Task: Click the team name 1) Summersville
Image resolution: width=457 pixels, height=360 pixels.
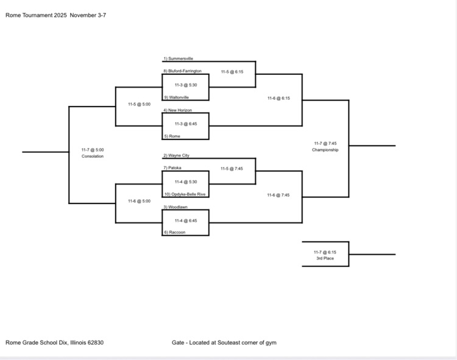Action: [x=178, y=58]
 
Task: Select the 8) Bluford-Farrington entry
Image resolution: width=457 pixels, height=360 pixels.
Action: [x=182, y=71]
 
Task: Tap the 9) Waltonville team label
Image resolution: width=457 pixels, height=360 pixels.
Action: [x=176, y=97]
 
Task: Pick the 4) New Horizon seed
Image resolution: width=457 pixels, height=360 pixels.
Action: [x=178, y=110]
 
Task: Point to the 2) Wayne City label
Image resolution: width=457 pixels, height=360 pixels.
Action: [x=176, y=155]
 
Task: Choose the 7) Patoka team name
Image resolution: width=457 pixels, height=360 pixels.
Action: [x=172, y=168]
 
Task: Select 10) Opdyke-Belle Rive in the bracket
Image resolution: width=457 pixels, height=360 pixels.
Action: [x=184, y=194]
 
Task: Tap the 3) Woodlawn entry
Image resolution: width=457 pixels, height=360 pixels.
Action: [x=175, y=207]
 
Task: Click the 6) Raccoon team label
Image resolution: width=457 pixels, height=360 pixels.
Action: [x=174, y=233]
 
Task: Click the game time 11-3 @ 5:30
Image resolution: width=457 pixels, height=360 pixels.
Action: [x=185, y=85]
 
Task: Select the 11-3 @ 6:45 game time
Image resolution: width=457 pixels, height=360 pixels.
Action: [x=185, y=124]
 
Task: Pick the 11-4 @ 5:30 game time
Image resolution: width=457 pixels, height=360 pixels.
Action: [x=185, y=182]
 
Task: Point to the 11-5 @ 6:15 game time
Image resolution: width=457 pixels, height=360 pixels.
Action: [x=232, y=71]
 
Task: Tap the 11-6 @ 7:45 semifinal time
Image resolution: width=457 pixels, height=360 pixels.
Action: [x=278, y=195]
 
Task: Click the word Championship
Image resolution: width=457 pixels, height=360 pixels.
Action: [x=325, y=150]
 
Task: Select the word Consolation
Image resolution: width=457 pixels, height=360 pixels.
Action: [x=93, y=156]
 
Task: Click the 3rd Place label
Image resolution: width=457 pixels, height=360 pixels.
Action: [x=325, y=258]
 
